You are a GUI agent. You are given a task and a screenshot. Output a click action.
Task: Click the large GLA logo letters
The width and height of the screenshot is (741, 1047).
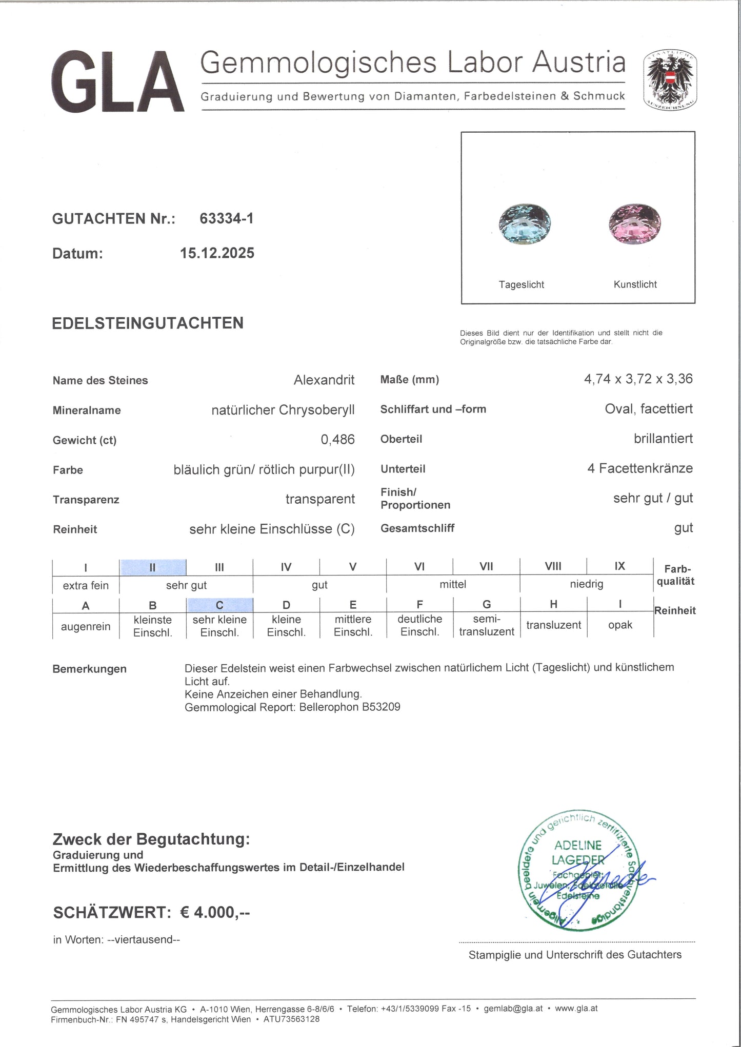point(117,82)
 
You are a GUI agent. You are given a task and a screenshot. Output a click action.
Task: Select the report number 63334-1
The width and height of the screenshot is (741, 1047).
point(226,219)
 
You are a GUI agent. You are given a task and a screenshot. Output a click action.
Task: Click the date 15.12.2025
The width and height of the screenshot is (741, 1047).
point(217,253)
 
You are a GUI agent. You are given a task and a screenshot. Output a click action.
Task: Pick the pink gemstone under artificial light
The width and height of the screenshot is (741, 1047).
point(635,224)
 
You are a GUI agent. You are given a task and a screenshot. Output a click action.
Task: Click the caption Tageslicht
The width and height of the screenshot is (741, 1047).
point(521,285)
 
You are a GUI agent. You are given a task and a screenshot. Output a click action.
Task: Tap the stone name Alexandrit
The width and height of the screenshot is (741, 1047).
point(324,380)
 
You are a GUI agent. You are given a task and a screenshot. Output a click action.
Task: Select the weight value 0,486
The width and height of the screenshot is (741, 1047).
point(337,440)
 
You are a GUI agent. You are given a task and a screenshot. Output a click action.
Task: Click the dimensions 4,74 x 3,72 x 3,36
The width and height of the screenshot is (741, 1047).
point(638,379)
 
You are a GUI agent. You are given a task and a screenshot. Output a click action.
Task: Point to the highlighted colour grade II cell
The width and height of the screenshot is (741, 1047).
point(152,567)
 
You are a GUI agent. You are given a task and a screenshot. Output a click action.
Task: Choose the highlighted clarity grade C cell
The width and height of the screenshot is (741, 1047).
point(219,605)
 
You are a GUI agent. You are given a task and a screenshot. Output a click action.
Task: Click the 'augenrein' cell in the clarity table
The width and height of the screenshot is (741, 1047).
point(86,626)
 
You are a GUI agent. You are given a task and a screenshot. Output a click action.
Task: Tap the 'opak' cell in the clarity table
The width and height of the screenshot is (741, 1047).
point(620,625)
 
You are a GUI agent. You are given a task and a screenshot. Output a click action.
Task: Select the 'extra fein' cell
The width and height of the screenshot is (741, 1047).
point(86,585)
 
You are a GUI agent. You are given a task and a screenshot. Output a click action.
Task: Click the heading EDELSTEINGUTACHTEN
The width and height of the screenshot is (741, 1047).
point(148,323)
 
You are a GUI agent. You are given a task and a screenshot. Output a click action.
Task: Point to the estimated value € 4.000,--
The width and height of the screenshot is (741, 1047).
point(215,912)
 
